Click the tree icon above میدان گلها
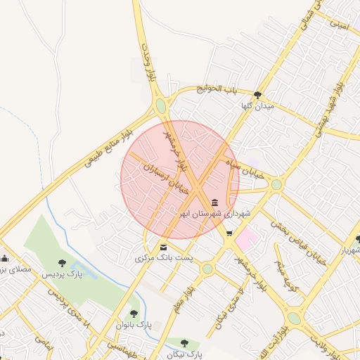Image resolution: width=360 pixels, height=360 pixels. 258,94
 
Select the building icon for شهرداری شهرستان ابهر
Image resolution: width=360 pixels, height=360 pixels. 214,202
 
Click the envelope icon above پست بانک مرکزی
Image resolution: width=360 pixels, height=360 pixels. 164,247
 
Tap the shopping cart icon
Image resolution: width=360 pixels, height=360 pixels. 229,233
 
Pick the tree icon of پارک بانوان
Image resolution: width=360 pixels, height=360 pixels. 134,314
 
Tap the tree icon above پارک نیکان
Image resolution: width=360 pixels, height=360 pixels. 184,343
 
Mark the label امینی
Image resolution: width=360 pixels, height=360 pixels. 339,25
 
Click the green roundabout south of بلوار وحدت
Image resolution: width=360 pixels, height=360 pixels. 161,106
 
